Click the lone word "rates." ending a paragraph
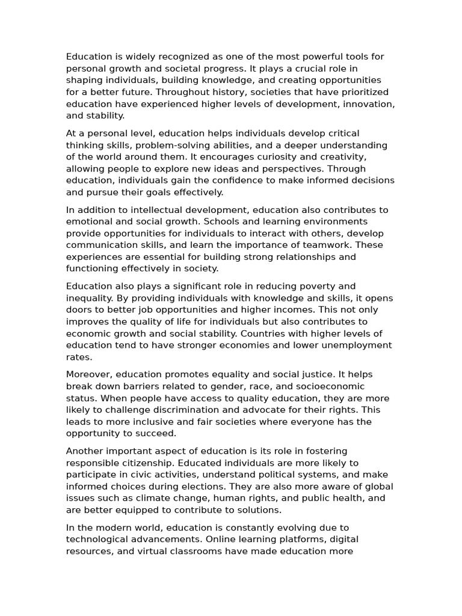point(79,357)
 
